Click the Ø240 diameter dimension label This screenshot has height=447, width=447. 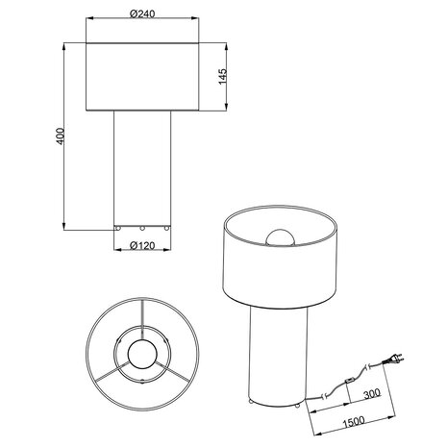click(x=141, y=14)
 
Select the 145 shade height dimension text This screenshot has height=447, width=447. click(x=222, y=75)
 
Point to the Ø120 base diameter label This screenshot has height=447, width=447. click(x=142, y=246)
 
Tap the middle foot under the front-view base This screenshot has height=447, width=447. click(x=142, y=229)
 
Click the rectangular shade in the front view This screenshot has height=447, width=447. click(x=142, y=75)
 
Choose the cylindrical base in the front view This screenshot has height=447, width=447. click(x=142, y=168)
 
